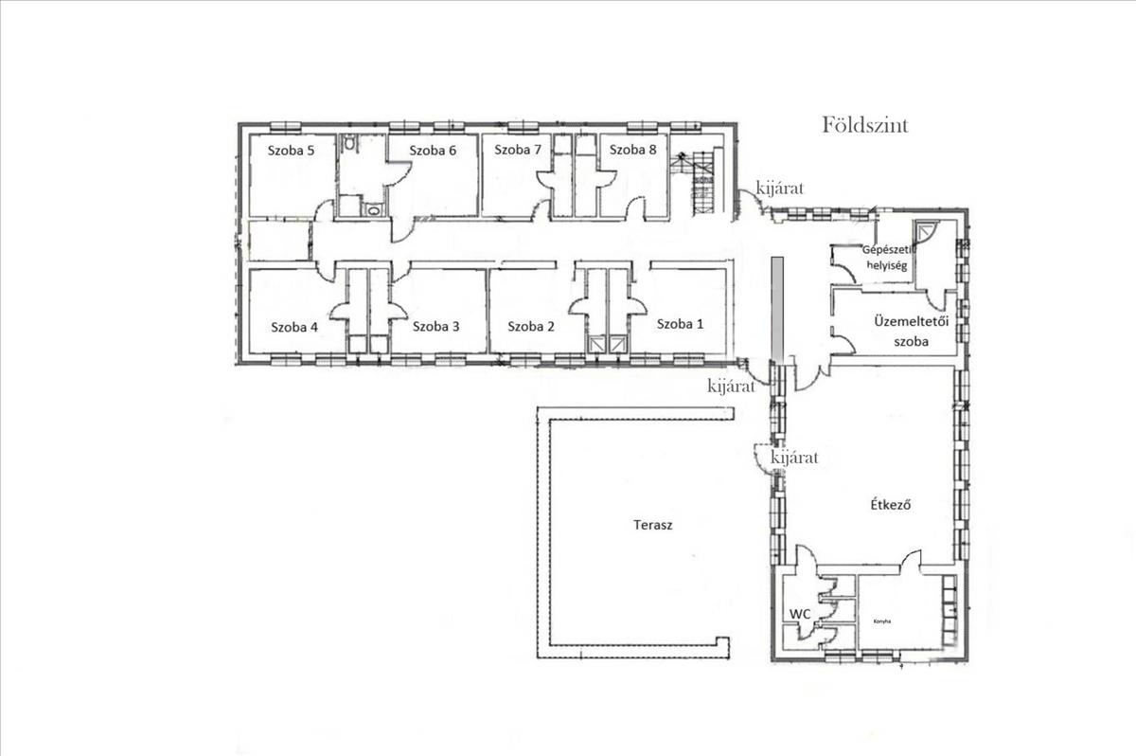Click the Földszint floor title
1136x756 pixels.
865,125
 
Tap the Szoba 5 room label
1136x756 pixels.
292,151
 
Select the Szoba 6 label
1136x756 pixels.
433,151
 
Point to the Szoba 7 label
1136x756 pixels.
518,150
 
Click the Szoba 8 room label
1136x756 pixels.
633,150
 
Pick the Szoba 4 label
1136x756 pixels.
294,327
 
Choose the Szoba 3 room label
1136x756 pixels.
435,326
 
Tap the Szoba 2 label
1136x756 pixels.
531,326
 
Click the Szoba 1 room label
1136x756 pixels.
680,324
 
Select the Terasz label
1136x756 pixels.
652,525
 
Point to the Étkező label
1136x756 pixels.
891,504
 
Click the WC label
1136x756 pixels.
800,614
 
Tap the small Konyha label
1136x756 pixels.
882,621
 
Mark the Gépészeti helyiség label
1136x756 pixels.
888,258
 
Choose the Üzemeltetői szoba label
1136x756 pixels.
912,331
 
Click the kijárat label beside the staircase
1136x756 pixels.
780,189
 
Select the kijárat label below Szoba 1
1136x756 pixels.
731,387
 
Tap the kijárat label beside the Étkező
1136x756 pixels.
794,458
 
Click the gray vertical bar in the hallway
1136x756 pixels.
777,309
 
